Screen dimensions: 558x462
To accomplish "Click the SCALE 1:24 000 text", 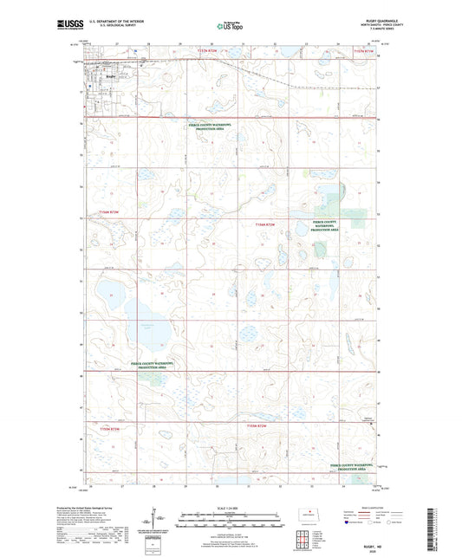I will click(x=230, y=509).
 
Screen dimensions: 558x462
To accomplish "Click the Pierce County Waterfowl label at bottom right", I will click(x=356, y=465).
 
